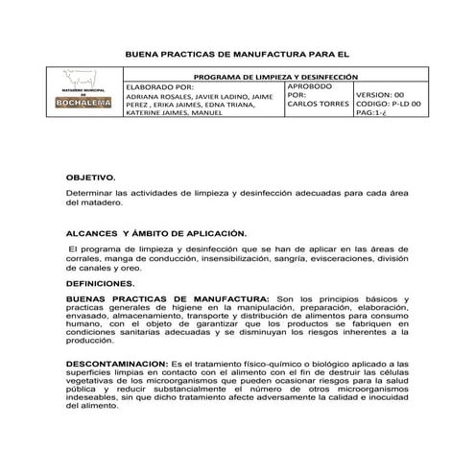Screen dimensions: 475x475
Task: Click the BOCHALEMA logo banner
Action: pyautogui.click(x=85, y=106)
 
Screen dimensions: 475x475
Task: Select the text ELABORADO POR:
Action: pyautogui.click(x=159, y=86)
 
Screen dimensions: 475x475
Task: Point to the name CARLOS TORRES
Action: pyautogui.click(x=319, y=104)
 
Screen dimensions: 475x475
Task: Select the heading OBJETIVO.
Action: pyautogui.click(x=90, y=178)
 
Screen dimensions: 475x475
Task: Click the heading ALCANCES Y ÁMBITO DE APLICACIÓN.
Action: pyautogui.click(x=155, y=233)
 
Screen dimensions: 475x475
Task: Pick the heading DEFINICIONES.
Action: pyautogui.click(x=100, y=284)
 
